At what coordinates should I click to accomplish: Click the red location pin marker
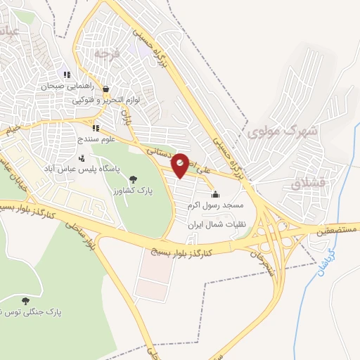[x=181, y=164]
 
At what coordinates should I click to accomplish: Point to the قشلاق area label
[x=309, y=184]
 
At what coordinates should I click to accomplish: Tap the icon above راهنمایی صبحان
[x=67, y=75]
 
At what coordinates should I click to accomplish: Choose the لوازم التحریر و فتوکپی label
[x=106, y=100]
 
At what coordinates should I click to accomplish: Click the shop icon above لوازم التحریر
[x=106, y=89]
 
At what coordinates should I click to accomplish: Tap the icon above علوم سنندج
[x=96, y=129]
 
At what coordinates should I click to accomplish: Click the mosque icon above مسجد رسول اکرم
[x=214, y=195]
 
